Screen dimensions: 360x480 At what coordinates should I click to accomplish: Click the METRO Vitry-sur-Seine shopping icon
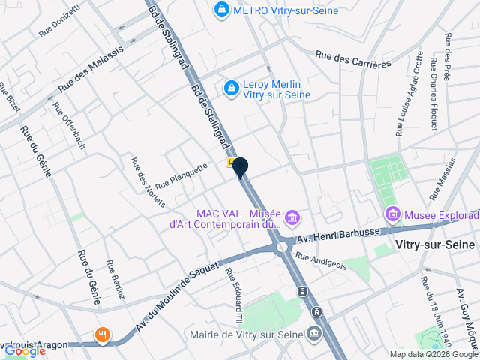click(221, 10)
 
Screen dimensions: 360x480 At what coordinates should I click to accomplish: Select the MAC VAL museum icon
click(292, 218)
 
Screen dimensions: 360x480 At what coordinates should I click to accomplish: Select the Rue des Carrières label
click(353, 59)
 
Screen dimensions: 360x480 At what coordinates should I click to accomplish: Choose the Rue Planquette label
click(181, 176)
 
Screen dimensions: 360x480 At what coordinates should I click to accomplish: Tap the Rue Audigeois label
click(321, 259)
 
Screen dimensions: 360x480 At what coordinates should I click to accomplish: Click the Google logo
click(25, 350)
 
